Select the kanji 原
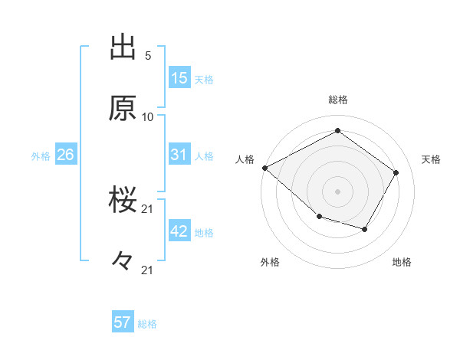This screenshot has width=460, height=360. (x=123, y=110)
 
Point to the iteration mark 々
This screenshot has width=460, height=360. (x=123, y=261)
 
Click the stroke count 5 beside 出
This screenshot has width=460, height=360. (x=148, y=56)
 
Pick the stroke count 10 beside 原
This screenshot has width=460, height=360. (x=148, y=116)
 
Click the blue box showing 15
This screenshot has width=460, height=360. (x=179, y=78)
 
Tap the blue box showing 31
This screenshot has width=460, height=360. (x=179, y=155)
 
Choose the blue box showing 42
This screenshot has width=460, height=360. (x=179, y=231)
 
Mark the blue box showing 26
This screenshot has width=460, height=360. (x=65, y=155)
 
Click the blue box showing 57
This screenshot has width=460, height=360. (x=123, y=322)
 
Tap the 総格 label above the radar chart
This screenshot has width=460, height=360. (x=338, y=100)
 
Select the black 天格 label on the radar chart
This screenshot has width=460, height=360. (x=432, y=159)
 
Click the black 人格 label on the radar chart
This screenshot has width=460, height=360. (x=245, y=159)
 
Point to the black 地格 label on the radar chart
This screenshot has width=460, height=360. (x=402, y=262)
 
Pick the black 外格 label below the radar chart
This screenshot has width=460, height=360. (x=270, y=262)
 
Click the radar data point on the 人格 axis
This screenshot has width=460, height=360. (x=264, y=168)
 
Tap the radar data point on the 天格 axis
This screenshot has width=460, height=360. (x=396, y=172)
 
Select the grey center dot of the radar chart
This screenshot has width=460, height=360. (x=338, y=191)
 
